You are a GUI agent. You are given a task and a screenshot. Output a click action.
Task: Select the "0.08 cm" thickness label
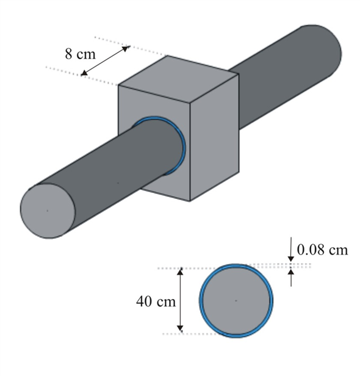[322, 250]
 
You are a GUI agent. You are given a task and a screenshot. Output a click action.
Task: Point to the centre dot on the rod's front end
[48, 210]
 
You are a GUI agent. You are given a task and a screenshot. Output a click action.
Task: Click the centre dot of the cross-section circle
[236, 300]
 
